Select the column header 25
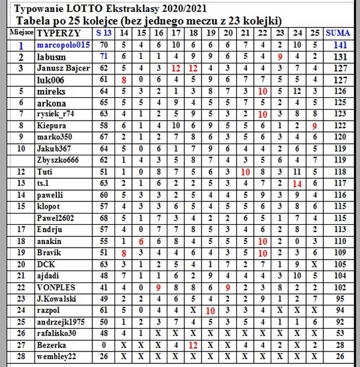pyautogui.click(x=314, y=32)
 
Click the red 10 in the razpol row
pyautogui.click(x=211, y=311)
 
